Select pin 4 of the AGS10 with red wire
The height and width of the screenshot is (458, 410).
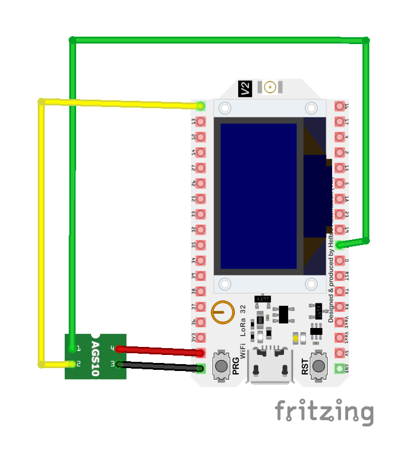coord(119,349)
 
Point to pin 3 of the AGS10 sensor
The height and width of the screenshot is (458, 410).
coord(119,364)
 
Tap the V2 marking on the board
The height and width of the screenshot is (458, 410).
coord(245,88)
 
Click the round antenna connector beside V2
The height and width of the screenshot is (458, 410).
coord(270,87)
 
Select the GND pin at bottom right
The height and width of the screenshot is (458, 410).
coord(340,368)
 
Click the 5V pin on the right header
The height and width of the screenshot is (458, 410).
coord(340,353)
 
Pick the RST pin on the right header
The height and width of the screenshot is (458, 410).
coord(340,276)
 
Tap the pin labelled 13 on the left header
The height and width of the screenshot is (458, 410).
coord(200,121)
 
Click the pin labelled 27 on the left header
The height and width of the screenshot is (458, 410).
coord(200,168)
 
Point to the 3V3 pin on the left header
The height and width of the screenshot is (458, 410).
coord(200,337)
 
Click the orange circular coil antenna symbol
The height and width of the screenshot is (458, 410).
coord(222,312)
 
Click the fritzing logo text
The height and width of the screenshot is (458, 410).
coord(324,412)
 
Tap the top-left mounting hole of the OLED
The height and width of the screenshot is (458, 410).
coord(225,108)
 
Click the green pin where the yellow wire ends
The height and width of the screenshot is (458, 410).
coord(200,106)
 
